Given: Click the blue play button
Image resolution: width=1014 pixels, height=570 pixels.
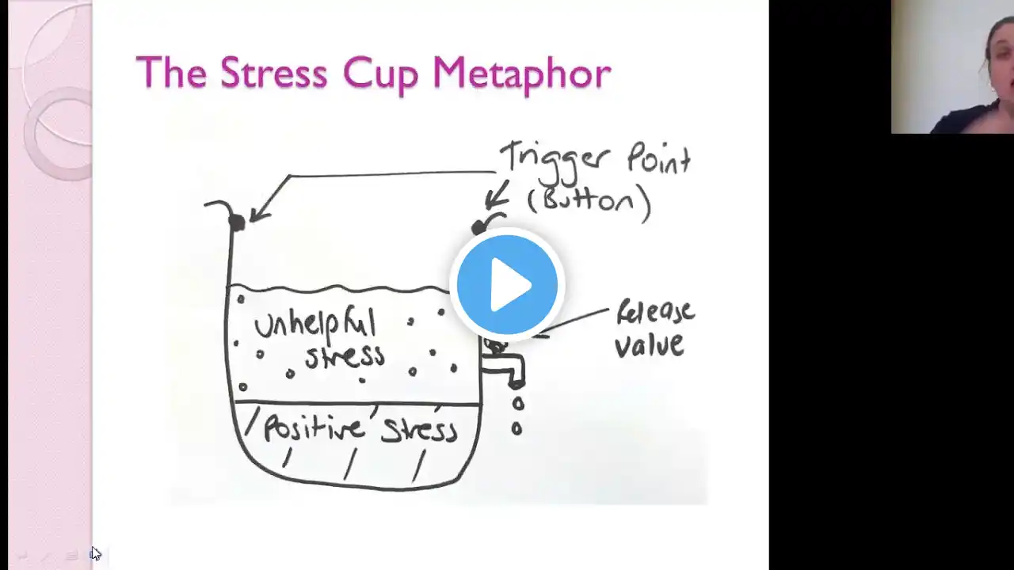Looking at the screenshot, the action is click(507, 285).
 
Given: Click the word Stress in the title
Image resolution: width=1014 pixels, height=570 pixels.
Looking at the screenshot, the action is click(273, 72).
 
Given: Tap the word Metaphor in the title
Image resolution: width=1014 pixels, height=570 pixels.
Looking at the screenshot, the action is click(522, 75).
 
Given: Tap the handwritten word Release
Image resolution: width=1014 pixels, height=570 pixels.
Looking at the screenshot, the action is click(655, 313).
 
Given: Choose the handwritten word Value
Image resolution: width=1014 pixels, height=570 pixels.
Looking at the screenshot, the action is click(649, 346).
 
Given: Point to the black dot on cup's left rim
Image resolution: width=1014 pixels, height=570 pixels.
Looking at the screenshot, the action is click(237, 222).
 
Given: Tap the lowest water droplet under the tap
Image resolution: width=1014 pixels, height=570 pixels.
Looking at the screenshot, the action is click(517, 428).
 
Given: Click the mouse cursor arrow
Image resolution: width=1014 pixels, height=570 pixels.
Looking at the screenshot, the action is click(96, 553).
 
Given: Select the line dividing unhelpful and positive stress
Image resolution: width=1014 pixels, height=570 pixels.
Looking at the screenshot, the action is click(356, 403).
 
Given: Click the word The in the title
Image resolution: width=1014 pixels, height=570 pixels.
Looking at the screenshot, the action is click(171, 72).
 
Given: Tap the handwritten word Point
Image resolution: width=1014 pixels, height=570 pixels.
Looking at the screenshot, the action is click(658, 158).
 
